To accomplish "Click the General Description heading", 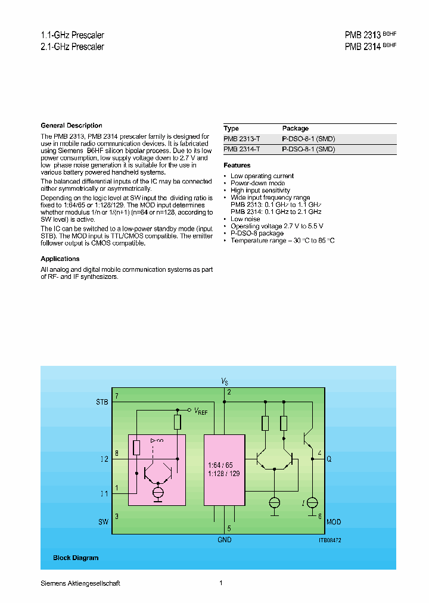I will [x=71, y=126].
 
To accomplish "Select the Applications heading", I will [x=60, y=259].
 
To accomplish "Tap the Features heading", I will [x=237, y=165].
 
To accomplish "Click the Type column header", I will [x=231, y=128].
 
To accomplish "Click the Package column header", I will [x=295, y=128].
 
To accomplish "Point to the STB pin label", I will [x=102, y=402].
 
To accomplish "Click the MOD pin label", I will [x=334, y=522].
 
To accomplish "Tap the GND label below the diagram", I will [x=224, y=540].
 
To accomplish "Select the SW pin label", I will [x=103, y=522].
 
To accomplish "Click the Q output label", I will [x=329, y=459].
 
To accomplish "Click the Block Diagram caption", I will [x=76, y=558].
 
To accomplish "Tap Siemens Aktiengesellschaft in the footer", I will [x=80, y=583].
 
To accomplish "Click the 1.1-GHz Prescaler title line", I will [x=72, y=36].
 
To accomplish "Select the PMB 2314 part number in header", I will [x=362, y=46].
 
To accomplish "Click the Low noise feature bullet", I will [x=245, y=219].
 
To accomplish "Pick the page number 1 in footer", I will [x=220, y=583].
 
